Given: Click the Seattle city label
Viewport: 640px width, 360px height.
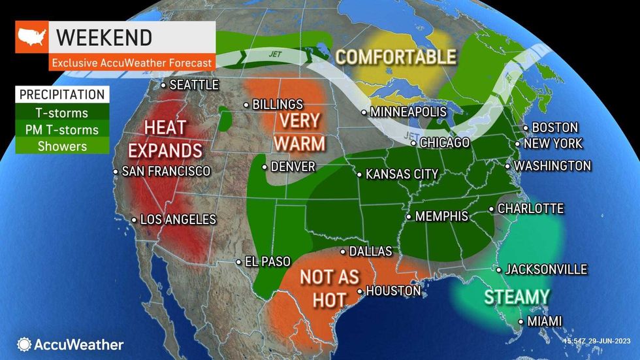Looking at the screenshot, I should (x=193, y=85).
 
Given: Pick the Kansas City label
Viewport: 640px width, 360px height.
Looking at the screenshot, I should (x=402, y=174).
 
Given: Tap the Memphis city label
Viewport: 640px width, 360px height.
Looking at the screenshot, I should (x=441, y=216).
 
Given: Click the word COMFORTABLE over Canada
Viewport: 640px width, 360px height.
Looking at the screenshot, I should (x=395, y=57).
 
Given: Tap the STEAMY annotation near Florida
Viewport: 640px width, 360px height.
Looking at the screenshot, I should (x=517, y=297).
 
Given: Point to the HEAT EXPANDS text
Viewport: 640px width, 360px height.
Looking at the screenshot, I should (x=165, y=138).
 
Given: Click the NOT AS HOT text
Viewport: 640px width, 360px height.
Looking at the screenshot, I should (x=330, y=287).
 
